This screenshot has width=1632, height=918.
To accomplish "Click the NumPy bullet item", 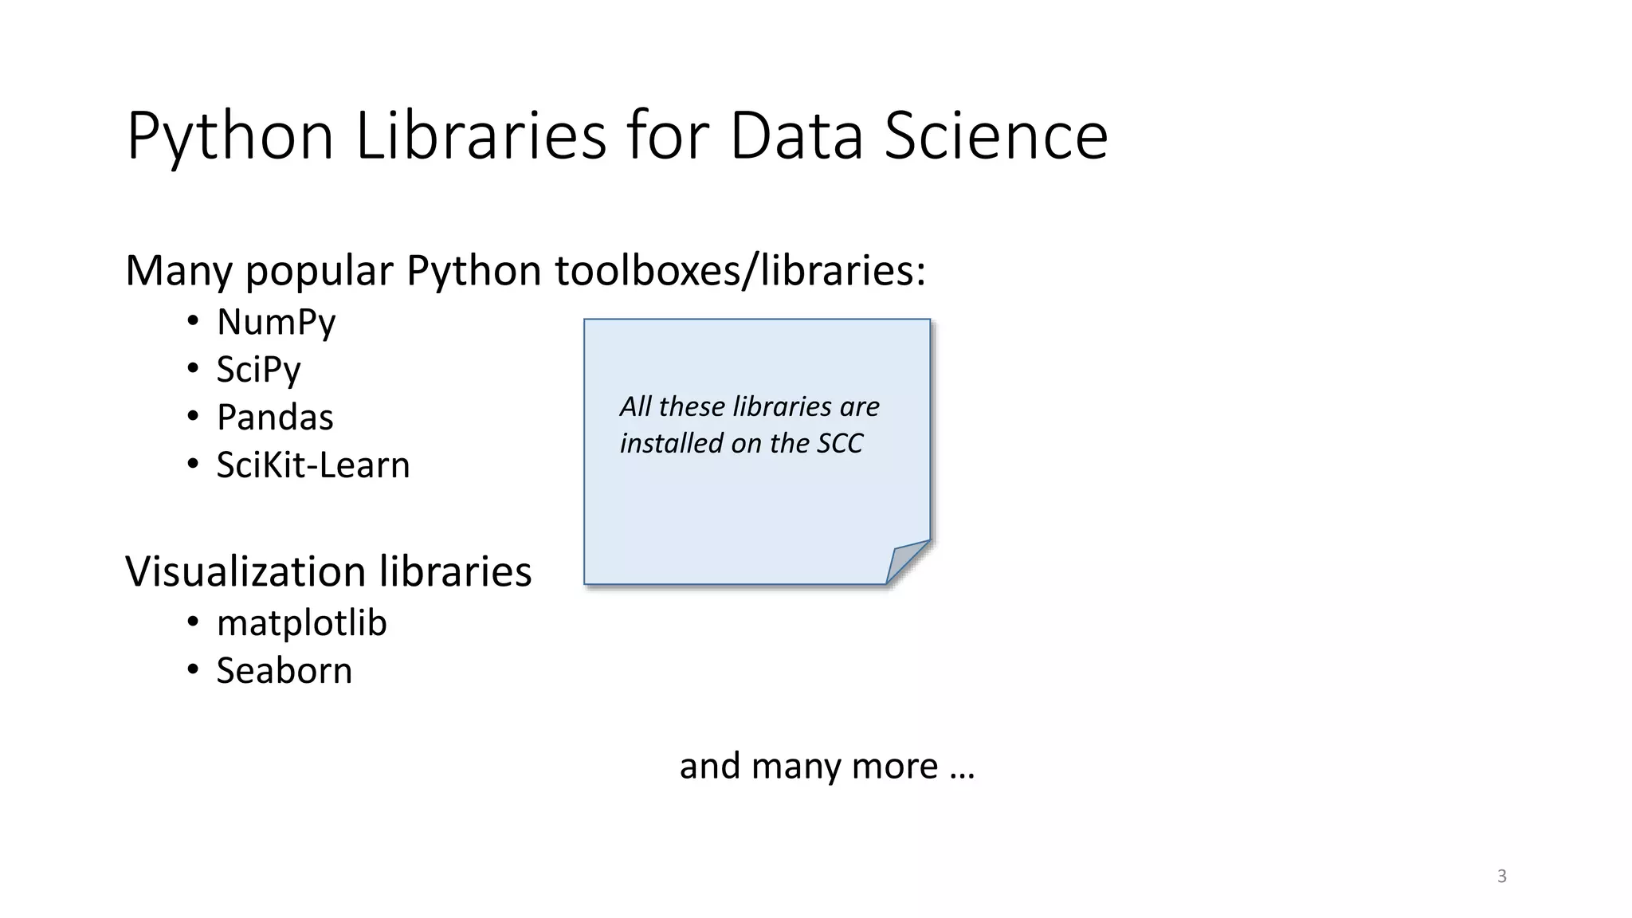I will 276,323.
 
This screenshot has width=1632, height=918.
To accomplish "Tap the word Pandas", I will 275,418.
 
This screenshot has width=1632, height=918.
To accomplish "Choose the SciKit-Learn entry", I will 312,465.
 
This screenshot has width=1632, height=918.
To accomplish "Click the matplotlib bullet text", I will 301,623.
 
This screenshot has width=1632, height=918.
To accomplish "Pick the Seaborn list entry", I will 284,671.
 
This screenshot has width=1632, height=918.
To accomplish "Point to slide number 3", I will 1501,877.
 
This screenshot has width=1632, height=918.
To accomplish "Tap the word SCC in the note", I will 839,444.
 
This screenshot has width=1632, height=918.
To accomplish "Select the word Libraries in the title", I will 481,135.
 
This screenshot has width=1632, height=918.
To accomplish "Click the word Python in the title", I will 229,137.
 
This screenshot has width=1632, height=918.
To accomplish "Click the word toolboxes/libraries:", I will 740,271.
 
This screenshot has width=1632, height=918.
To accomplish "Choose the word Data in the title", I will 796,135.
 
